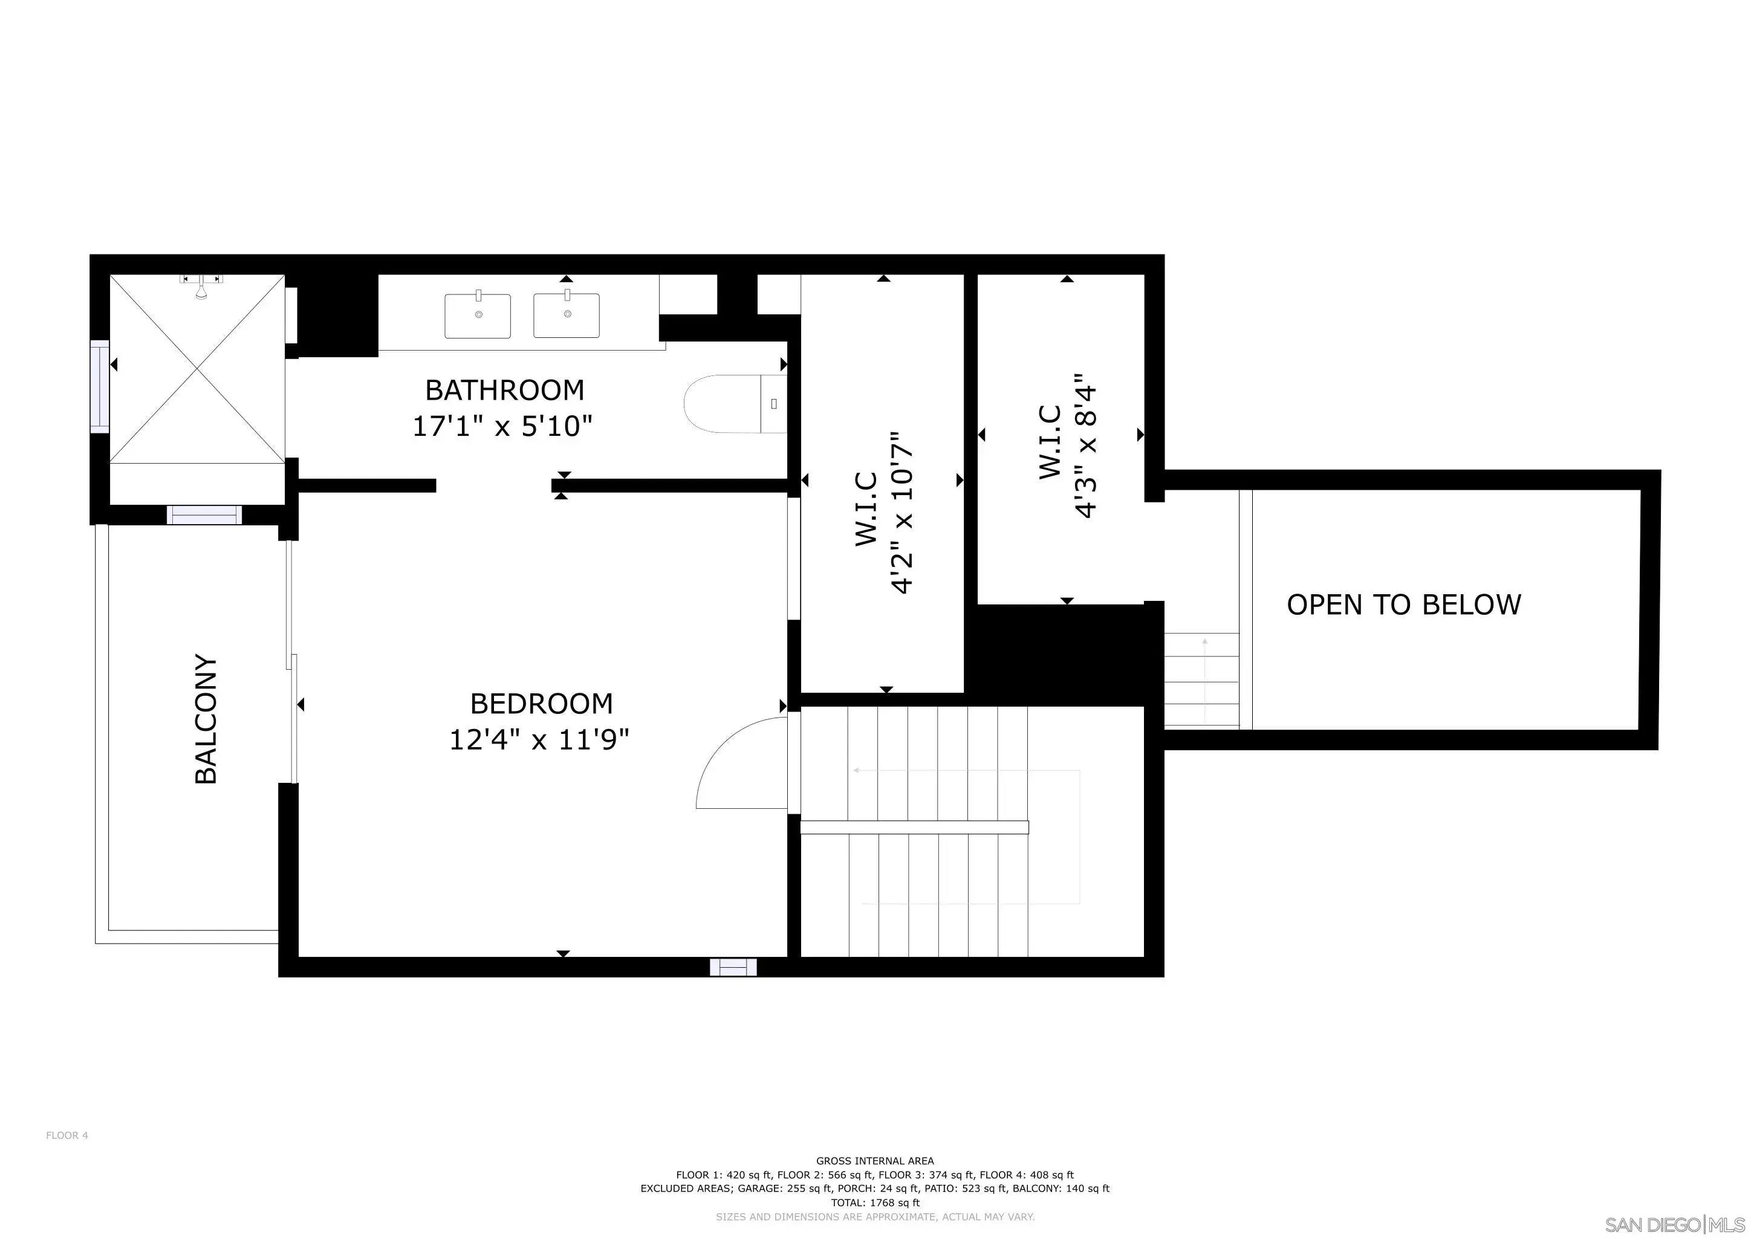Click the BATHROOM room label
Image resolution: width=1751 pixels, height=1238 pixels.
[505, 391]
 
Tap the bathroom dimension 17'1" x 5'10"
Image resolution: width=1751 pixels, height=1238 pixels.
[502, 426]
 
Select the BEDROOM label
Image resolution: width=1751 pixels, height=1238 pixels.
[542, 704]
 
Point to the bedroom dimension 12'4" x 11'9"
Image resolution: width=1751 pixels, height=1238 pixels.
[539, 739]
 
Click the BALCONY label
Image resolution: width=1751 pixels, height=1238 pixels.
[207, 718]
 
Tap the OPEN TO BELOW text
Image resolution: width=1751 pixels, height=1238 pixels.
[1404, 604]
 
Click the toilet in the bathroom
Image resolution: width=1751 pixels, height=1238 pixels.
[735, 404]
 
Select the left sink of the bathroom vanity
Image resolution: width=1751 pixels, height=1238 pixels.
[478, 314]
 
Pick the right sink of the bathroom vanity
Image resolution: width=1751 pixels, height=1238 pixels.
[567, 314]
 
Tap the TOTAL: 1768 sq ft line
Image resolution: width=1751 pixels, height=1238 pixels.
[875, 1203]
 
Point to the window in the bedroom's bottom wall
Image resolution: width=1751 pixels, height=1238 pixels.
[733, 967]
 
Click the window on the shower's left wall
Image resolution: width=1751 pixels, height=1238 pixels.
[100, 388]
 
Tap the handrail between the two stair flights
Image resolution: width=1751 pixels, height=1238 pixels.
[914, 827]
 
